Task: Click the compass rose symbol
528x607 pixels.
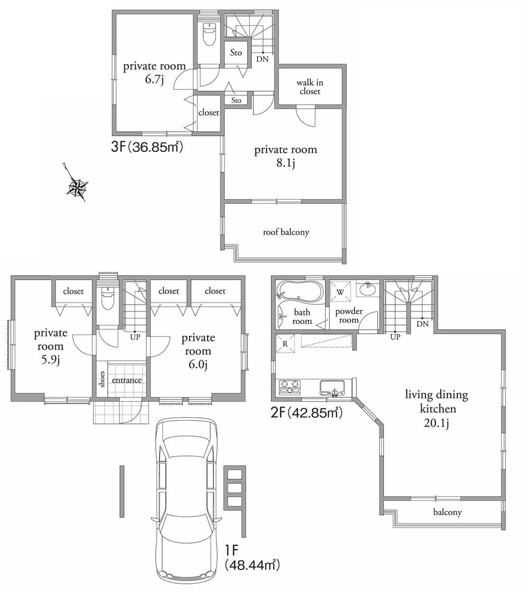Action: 78,187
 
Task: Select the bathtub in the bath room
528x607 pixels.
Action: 299,292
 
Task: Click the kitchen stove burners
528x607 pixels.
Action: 289,387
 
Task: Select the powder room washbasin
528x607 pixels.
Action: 366,290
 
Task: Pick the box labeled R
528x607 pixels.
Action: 285,344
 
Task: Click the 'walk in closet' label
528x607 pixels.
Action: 309,87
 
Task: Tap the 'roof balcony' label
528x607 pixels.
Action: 286,232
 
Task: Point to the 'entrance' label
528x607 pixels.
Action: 127,380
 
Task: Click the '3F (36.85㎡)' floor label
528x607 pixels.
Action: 146,147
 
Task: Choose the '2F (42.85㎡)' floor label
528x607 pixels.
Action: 306,413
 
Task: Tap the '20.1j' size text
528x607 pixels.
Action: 436,423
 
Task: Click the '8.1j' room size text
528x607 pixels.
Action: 286,164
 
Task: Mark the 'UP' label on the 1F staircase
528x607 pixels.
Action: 135,337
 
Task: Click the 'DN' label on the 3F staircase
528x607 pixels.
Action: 262,59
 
